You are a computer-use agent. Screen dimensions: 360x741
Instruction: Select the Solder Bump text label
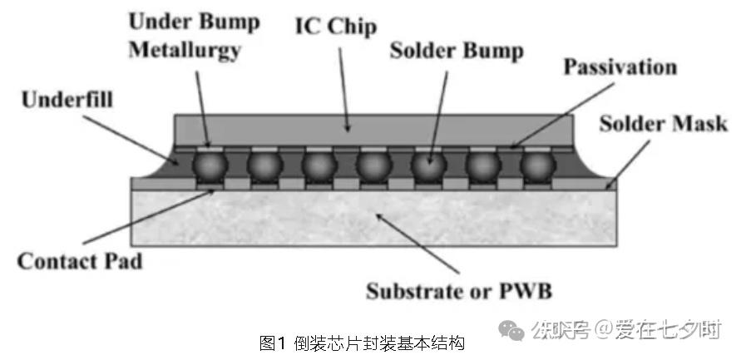[x=457, y=51]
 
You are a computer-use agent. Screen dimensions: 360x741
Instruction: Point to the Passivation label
[x=620, y=67]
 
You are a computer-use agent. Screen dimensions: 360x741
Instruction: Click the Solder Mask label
[x=664, y=124]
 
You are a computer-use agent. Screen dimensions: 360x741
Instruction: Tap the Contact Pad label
[x=80, y=261]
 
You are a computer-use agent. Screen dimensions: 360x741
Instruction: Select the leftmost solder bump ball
[x=209, y=165]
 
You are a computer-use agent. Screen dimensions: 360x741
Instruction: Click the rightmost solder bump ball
[x=538, y=165]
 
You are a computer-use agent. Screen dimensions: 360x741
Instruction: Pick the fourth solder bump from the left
[x=373, y=165]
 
